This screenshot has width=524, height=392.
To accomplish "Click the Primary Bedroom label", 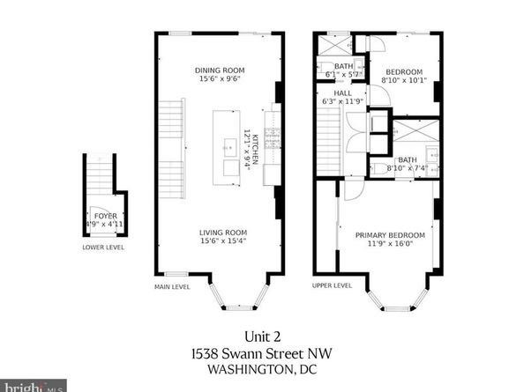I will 390,235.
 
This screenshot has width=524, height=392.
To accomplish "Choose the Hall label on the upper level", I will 342,92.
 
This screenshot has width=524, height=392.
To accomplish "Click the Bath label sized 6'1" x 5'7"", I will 342,66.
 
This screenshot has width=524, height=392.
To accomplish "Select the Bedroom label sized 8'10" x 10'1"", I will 403,71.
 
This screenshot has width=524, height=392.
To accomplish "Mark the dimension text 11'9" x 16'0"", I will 390,244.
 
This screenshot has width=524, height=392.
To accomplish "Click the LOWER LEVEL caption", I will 104,248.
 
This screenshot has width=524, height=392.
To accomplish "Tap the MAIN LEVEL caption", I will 173,285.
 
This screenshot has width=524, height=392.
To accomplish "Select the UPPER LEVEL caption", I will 332,285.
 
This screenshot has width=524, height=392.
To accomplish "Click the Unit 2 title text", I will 261,335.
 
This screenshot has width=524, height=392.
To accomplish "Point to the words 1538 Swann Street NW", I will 261,351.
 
